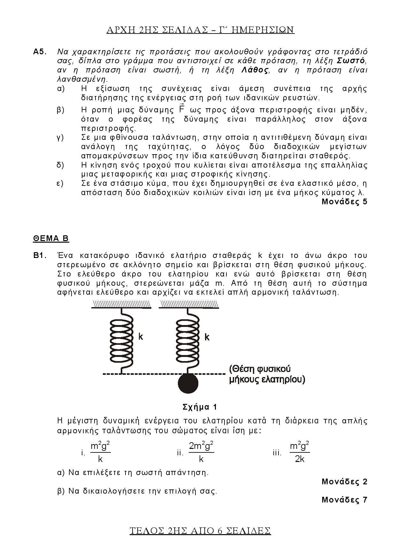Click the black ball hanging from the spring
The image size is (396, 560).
(x=188, y=383)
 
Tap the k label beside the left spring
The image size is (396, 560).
(x=141, y=337)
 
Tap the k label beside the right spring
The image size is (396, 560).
(x=207, y=337)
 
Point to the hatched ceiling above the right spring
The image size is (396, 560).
(x=189, y=305)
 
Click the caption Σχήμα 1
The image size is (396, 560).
(x=200, y=407)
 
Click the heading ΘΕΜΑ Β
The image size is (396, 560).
(x=51, y=238)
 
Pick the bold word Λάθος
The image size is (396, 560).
(x=255, y=70)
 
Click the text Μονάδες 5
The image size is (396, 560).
(x=344, y=202)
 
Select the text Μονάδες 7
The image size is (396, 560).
(x=344, y=500)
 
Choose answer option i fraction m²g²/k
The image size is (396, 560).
(x=101, y=452)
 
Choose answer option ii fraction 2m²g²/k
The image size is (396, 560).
(x=201, y=452)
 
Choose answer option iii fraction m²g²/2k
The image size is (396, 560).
(x=300, y=452)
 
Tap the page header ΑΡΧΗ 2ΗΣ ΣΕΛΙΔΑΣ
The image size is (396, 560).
(x=200, y=30)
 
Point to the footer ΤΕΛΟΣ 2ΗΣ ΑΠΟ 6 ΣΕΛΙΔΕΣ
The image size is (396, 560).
(x=200, y=531)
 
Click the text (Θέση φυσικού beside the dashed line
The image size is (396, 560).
(x=260, y=369)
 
